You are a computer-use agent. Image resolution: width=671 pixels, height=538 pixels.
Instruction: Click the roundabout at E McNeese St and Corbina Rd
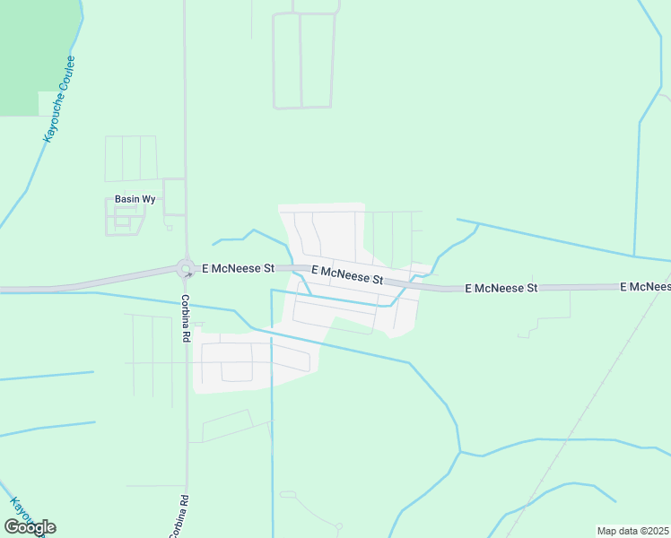pos(186,268)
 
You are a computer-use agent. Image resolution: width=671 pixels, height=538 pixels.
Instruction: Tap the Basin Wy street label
pos(135,200)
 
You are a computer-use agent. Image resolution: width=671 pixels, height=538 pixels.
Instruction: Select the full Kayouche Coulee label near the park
pos(60,99)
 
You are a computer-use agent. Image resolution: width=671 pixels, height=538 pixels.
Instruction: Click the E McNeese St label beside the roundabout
pos(238,268)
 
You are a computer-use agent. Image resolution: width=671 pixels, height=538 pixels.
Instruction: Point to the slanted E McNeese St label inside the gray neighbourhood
pos(347,274)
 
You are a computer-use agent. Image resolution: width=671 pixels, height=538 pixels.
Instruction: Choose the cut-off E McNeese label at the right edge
pos(646,286)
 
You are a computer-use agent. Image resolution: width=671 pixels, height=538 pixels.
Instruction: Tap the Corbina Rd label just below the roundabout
pos(186,318)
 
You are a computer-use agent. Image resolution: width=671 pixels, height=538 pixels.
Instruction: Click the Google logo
pos(30,527)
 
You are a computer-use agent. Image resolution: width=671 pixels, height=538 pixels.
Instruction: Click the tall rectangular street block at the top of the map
pos(304,60)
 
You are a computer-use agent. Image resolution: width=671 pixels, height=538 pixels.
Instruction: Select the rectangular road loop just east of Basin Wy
pos(174,197)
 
